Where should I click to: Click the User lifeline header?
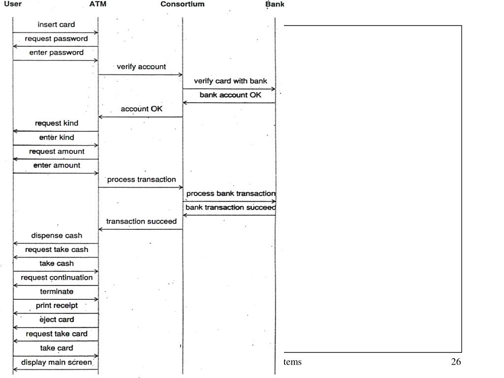[x=13, y=4]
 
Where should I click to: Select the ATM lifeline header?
[x=98, y=4]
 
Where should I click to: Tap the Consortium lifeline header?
[x=183, y=4]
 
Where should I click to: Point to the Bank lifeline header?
[x=275, y=4]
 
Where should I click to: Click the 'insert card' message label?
[x=56, y=25]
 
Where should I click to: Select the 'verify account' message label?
[x=141, y=66]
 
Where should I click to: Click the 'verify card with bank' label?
[x=230, y=81]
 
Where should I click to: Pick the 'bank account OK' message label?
[x=230, y=95]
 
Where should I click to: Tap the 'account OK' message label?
[x=141, y=109]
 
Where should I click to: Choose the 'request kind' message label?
[x=56, y=123]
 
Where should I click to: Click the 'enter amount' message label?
[x=56, y=165]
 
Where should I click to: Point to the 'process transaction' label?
[x=141, y=180]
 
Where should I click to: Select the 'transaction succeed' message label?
[x=141, y=221]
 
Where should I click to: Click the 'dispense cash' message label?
[x=56, y=236]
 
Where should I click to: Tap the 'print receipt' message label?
[x=56, y=306]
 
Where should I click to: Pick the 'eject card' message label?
[x=56, y=320]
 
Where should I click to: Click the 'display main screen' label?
[x=56, y=363]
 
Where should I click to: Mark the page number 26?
[x=456, y=362]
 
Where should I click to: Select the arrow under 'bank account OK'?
[x=229, y=103]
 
